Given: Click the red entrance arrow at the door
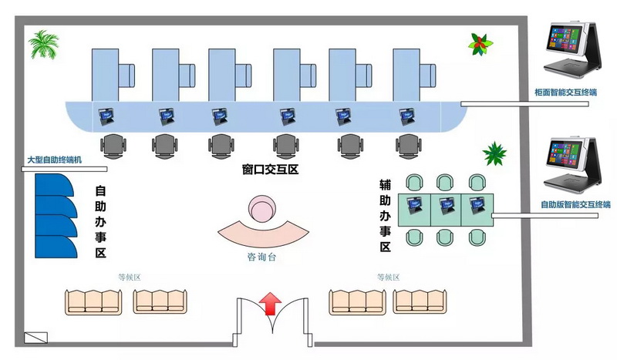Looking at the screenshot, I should coord(270,304).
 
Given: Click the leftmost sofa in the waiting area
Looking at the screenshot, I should coord(94,301).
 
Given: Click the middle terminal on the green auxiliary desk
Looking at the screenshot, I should coord(446,205).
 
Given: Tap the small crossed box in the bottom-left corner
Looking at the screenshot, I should coord(36,337).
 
